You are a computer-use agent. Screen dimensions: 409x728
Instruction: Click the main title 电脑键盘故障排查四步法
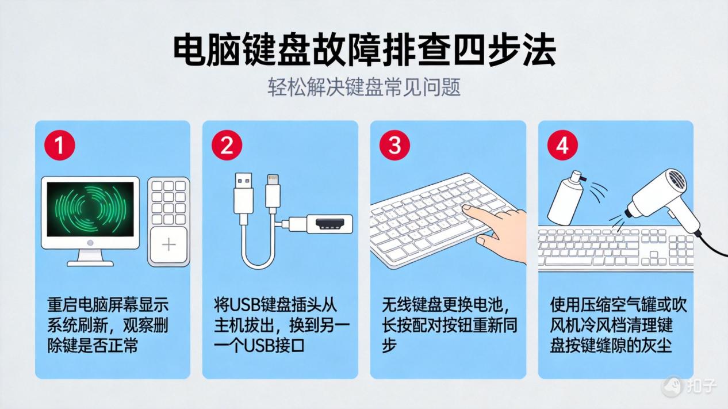coord(364,51)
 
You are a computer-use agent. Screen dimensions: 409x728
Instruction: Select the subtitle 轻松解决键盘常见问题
coord(364,87)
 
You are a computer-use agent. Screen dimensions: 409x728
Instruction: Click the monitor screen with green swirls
coord(90,209)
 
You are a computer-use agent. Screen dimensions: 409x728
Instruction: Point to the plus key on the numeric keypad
coord(168,245)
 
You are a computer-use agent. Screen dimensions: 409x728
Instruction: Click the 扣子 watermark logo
coord(690,385)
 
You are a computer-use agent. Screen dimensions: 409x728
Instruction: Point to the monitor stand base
coord(90,262)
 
